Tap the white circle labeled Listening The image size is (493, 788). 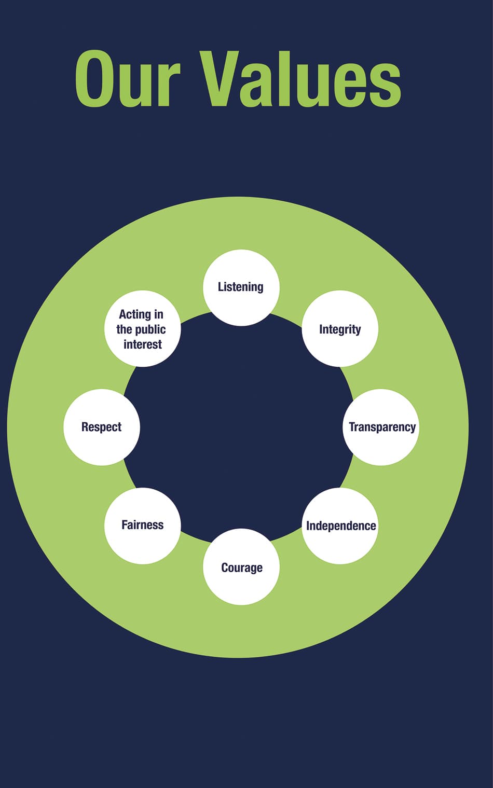pyautogui.click(x=241, y=287)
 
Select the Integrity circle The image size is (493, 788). pyautogui.click(x=340, y=328)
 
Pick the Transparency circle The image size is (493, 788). pyautogui.click(x=381, y=427)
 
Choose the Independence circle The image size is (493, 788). pyautogui.click(x=340, y=526)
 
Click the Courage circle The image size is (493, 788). pyautogui.click(x=241, y=566)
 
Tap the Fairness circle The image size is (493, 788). pyautogui.click(x=143, y=526)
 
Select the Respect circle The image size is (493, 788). pyautogui.click(x=102, y=427)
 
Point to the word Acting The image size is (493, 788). pyautogui.click(x=135, y=315)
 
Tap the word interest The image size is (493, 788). pyautogui.click(x=143, y=344)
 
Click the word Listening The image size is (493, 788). pyautogui.click(x=240, y=287)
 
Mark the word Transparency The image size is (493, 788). pyautogui.click(x=382, y=427)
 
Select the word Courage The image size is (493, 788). pyautogui.click(x=242, y=568)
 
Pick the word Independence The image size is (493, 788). pyautogui.click(x=341, y=526)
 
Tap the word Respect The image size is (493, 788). pyautogui.click(x=101, y=427)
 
